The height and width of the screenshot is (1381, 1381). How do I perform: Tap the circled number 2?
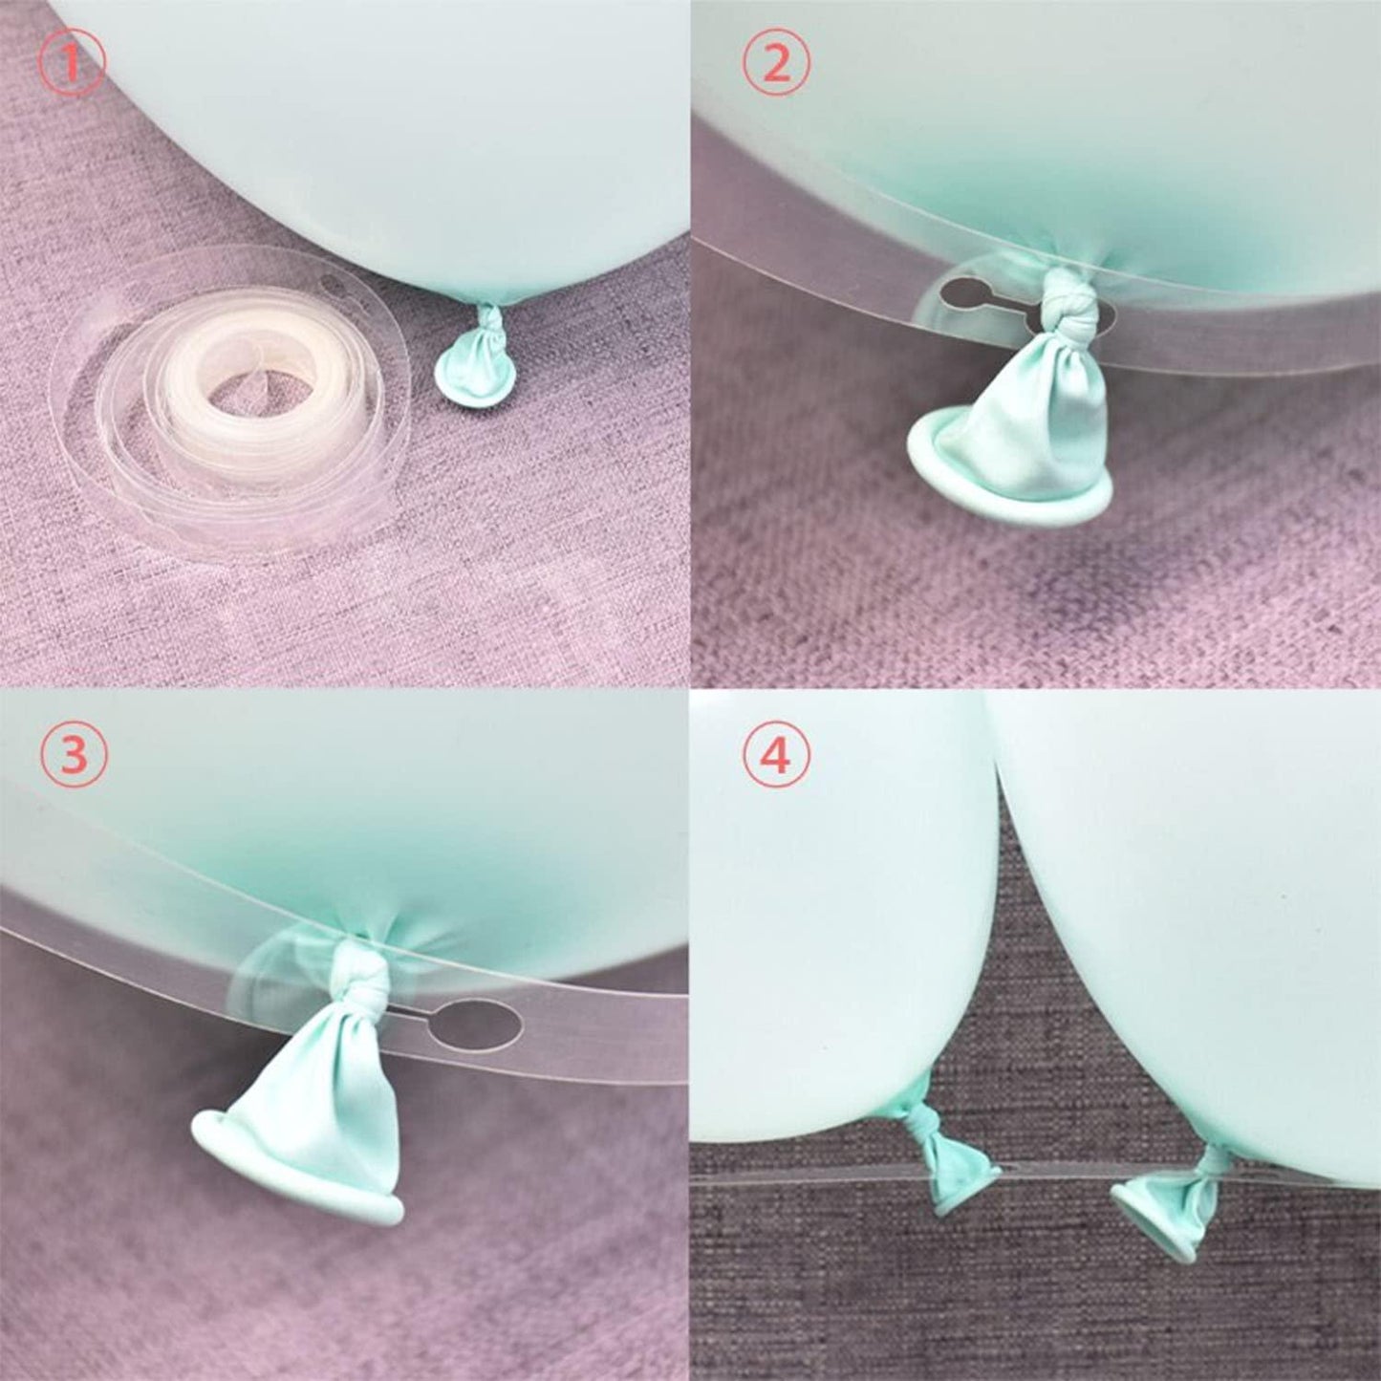[x=776, y=63]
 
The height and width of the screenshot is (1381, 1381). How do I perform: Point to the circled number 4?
[x=776, y=758]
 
